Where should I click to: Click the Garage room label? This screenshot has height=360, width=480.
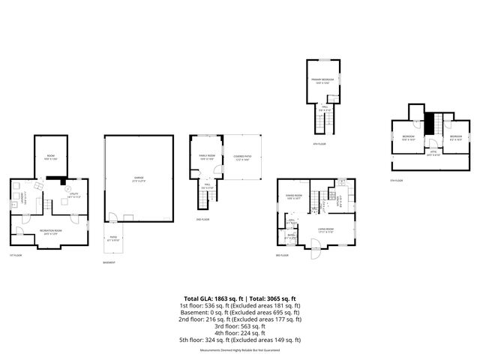coord(139,178)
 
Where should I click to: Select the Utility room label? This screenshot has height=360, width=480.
coord(74,196)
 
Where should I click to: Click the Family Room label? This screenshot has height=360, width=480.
coord(207,157)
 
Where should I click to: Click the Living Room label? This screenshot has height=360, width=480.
coord(325,230)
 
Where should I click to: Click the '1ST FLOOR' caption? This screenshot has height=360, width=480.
coord(13,255)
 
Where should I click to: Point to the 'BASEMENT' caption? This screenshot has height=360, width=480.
coord(110,262)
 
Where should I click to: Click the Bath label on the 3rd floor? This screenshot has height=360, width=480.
coord(291,236)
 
